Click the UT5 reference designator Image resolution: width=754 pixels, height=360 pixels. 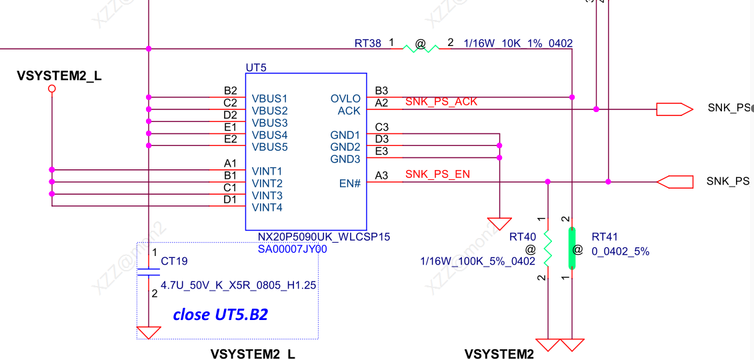click(x=256, y=67)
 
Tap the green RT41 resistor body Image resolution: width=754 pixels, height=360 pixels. click(x=571, y=248)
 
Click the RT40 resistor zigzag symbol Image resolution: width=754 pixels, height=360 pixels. click(x=547, y=248)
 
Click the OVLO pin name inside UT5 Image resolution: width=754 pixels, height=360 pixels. click(x=345, y=99)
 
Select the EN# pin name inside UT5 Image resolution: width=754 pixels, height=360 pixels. click(x=350, y=183)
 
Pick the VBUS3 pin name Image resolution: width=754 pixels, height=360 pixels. click(x=270, y=123)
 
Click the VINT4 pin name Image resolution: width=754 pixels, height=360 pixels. click(x=267, y=207)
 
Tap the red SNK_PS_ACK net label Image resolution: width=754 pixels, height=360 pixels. click(x=441, y=101)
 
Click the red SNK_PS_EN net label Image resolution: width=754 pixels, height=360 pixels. click(x=437, y=175)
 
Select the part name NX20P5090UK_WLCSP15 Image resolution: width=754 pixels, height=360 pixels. click(x=324, y=237)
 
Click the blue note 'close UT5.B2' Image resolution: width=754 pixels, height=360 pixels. click(x=220, y=315)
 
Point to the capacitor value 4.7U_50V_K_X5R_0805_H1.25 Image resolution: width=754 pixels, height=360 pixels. click(x=238, y=285)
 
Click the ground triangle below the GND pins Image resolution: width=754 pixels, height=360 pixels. click(x=499, y=223)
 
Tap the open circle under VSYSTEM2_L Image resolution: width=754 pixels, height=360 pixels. click(x=52, y=88)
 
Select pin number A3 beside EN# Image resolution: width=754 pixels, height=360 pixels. click(x=381, y=175)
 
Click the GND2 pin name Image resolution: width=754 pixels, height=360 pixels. click(x=345, y=147)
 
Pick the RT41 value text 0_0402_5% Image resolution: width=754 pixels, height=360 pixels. click(x=620, y=251)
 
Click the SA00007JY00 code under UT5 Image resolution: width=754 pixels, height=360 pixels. click(x=292, y=249)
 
